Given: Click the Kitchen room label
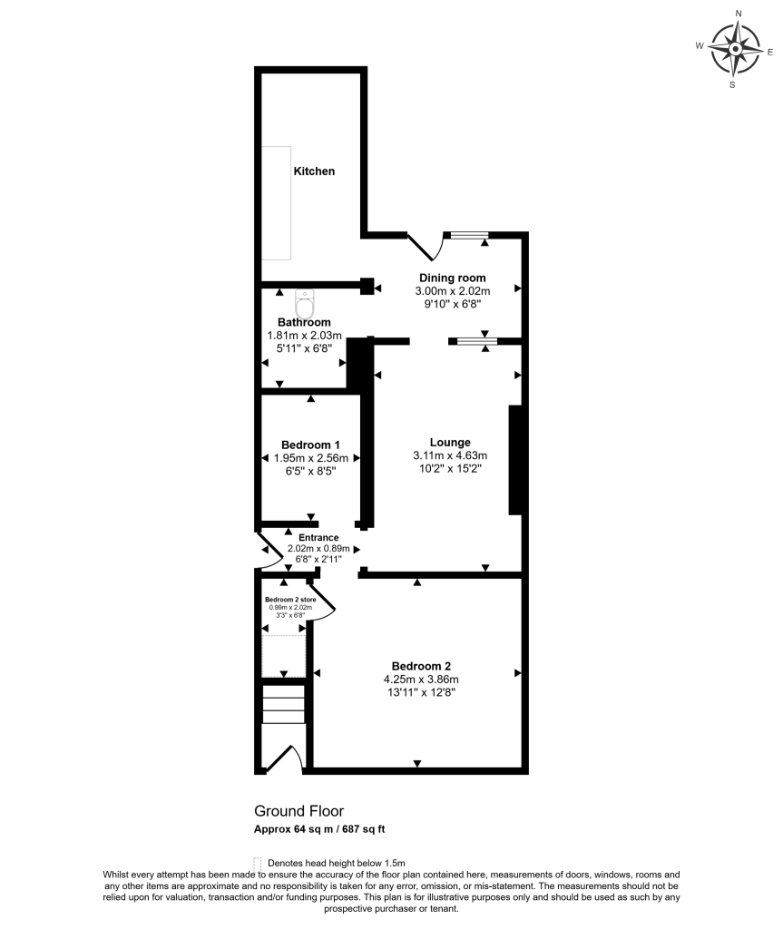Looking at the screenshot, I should pyautogui.click(x=313, y=171).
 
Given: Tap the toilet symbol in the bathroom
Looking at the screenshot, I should pyautogui.click(x=305, y=305).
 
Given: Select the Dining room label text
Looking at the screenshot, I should pyautogui.click(x=452, y=278).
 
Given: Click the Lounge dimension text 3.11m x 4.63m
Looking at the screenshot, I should pyautogui.click(x=450, y=455).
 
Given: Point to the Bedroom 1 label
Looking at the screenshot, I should pyautogui.click(x=310, y=445).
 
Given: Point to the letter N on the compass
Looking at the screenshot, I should pyautogui.click(x=739, y=14).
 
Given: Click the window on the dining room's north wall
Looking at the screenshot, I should pyautogui.click(x=470, y=235).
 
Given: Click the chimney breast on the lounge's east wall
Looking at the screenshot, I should pyautogui.click(x=515, y=460).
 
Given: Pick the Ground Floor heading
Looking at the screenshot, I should pyautogui.click(x=299, y=811).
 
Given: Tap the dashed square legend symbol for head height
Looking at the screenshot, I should pyautogui.click(x=258, y=863).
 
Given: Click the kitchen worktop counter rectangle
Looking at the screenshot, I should pyautogui.click(x=278, y=202).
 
